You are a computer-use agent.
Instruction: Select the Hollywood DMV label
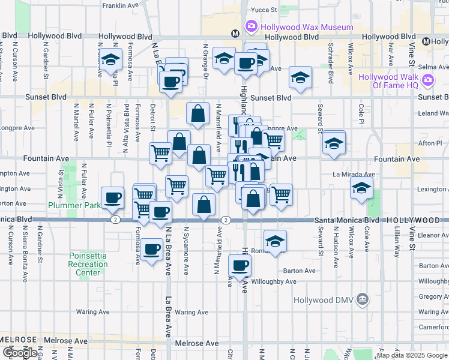324,299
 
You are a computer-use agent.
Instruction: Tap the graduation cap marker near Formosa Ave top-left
111,59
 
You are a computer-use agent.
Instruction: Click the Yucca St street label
264,10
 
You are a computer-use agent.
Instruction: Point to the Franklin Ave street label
120,6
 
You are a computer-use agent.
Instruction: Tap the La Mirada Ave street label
353,175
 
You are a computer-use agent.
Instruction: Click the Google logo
20,353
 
